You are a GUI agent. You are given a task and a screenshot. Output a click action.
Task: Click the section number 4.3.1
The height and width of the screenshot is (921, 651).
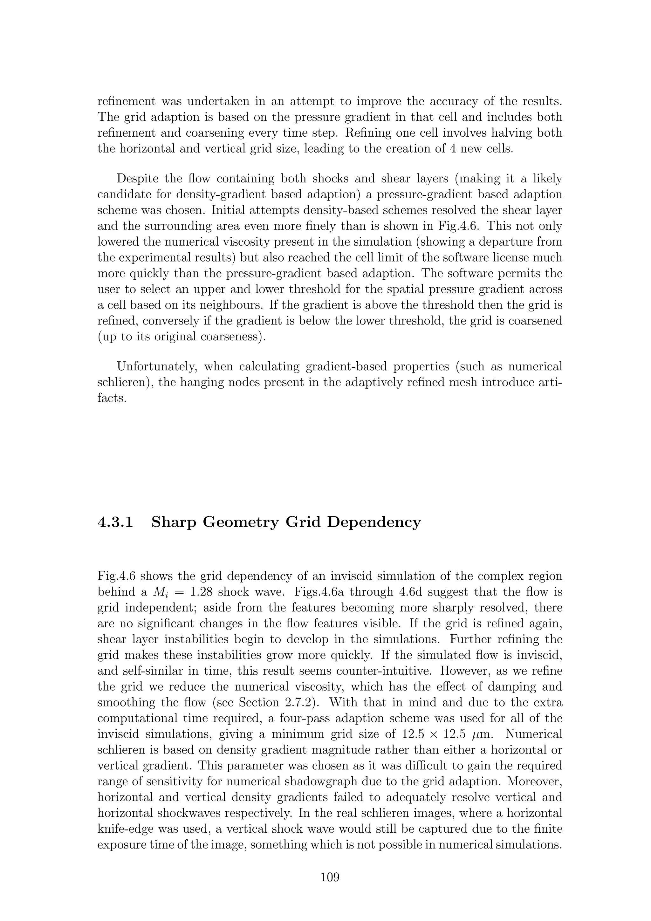pyautogui.click(x=115, y=522)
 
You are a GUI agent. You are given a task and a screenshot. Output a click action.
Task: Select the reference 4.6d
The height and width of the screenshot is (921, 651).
pyautogui.click(x=404, y=592)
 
